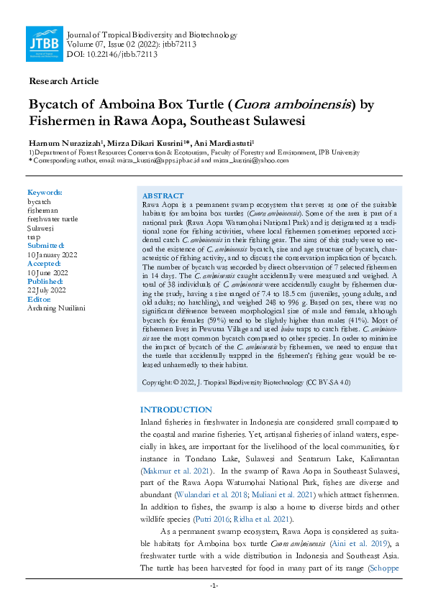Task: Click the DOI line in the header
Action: [x=111, y=54]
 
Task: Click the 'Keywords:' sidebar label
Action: [x=45, y=193]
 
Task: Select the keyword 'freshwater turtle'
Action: [x=54, y=218]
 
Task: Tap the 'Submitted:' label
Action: [x=46, y=244]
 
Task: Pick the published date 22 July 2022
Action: [x=47, y=290]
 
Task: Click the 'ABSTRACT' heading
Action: [x=163, y=195]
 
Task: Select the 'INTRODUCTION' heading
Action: [x=176, y=410]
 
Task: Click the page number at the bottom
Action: [x=214, y=586]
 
